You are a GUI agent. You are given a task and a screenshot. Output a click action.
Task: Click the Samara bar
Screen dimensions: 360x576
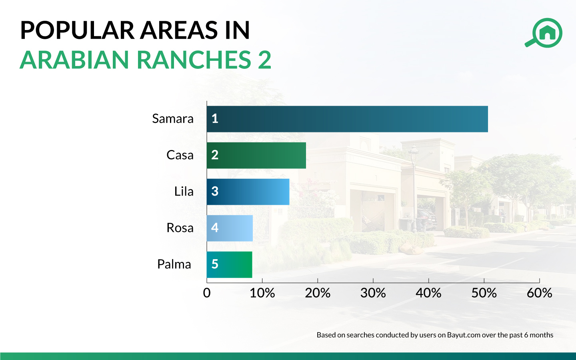pos(347,119)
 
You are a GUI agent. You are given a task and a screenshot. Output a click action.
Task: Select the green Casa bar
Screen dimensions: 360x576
pos(256,155)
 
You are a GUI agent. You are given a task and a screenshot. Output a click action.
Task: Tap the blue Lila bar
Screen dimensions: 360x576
pos(248,192)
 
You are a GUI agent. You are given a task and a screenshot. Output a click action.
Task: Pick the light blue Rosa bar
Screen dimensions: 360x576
pos(230,228)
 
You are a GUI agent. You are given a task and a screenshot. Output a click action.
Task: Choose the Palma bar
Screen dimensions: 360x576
pos(230,264)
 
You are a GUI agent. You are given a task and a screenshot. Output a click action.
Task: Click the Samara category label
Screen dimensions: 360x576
pos(173,119)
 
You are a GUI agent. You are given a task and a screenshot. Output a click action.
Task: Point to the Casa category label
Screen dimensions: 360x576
pos(180,155)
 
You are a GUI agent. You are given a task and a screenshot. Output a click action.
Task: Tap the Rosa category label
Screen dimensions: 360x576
pos(180,228)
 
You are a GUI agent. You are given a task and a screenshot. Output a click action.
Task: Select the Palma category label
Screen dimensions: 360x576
pos(174,264)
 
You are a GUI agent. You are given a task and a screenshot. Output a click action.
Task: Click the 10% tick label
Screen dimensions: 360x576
pos(262,293)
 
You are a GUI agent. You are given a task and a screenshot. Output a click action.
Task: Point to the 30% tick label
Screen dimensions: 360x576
pos(373,293)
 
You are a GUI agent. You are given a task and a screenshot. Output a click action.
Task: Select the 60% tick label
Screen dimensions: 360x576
pos(539,293)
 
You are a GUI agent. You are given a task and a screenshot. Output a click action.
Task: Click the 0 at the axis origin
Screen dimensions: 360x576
pos(207,293)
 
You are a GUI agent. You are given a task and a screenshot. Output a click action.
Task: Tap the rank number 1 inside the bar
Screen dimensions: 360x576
pos(215,119)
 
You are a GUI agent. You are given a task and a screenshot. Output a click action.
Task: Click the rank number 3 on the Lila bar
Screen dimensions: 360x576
pos(215,192)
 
